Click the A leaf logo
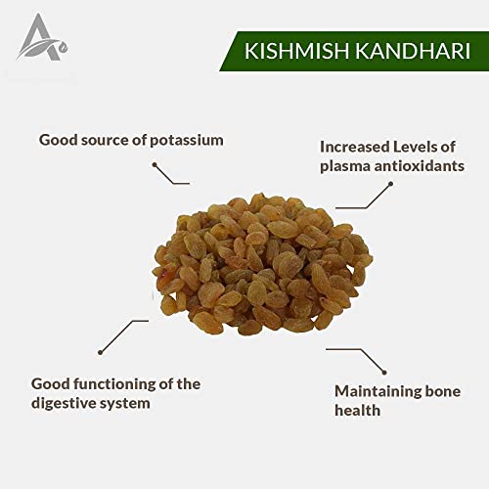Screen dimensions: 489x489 pos(41,37)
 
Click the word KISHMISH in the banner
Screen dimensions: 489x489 pos(296,51)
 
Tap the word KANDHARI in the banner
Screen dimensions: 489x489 pos(413,51)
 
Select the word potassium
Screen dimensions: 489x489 pos(187,141)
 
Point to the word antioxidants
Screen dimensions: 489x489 pos(420,166)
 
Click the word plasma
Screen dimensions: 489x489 pos(345,167)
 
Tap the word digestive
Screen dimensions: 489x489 pos(64,404)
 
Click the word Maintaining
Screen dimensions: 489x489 pos(376,391)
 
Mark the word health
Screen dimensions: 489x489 pos(358,410)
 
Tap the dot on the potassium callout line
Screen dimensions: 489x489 pos(155,164)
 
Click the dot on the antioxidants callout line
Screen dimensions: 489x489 pos(390,184)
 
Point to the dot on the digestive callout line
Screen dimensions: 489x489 pos(101,352)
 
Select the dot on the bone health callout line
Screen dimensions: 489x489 pos(384,373)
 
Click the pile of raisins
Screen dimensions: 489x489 pos(262,265)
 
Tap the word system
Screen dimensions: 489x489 pos(125,405)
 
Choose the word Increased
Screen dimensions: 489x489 pos(355,147)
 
